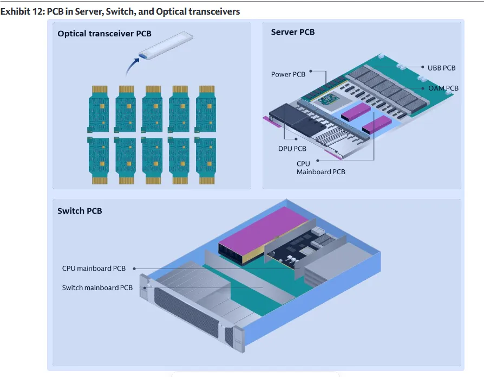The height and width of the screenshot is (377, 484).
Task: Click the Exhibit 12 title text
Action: click(120, 11)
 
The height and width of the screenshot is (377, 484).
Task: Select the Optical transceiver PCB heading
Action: click(104, 34)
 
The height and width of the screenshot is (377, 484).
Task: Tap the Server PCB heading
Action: click(293, 32)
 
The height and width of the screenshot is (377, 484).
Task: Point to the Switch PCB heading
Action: click(80, 210)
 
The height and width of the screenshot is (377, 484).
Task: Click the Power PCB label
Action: click(288, 74)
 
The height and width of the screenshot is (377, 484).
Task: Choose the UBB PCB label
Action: click(441, 68)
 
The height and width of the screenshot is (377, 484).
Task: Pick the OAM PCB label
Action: click(443, 88)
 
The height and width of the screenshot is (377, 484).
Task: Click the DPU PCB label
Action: click(292, 149)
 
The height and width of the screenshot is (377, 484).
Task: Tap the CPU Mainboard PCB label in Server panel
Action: click(321, 168)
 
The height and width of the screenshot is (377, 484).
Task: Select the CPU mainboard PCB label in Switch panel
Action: click(94, 268)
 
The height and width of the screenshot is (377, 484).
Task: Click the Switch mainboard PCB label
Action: click(97, 287)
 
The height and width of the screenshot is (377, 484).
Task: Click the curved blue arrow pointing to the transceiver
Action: click(132, 66)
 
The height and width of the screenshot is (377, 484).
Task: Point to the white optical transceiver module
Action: click(166, 45)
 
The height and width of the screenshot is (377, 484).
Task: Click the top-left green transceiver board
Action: click(99, 109)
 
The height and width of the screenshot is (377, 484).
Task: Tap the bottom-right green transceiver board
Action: click(206, 161)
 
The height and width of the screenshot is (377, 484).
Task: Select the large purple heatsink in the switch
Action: click(264, 235)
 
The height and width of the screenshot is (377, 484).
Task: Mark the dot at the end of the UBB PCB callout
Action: click(423, 67)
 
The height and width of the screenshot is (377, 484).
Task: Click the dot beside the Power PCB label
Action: click(311, 71)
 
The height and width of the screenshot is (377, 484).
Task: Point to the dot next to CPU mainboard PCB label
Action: click(134, 269)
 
